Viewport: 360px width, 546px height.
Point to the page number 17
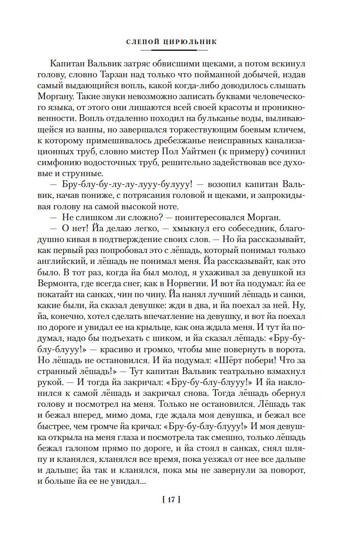[x=171, y=500]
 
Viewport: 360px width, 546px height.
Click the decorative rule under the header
[x=174, y=50]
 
